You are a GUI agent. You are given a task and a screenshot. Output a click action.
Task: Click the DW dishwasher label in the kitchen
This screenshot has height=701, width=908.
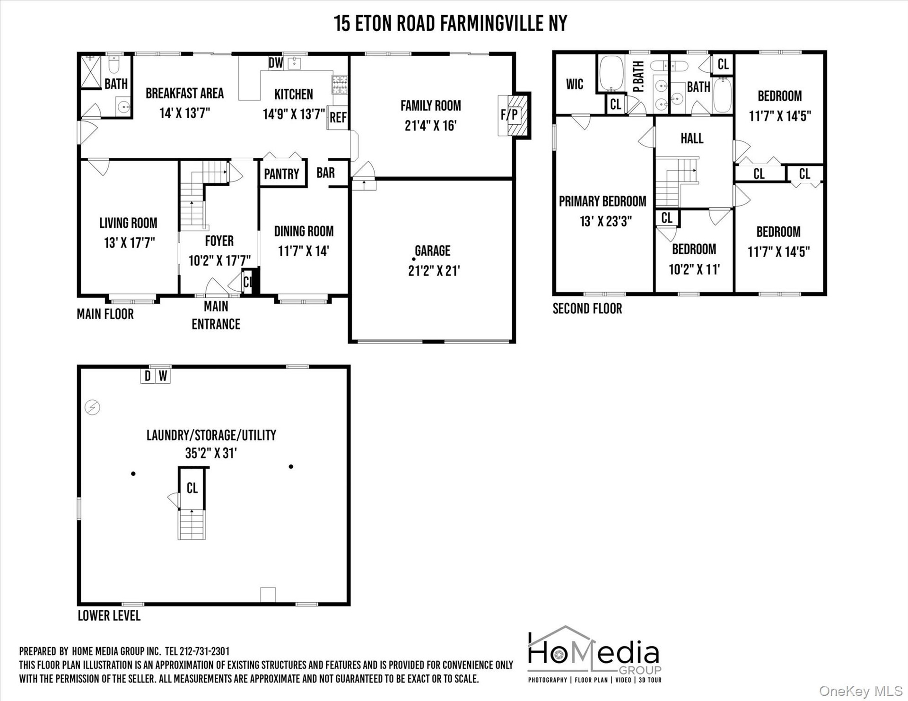[x=276, y=63]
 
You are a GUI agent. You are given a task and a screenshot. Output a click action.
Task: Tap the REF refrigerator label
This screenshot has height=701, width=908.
[x=338, y=117]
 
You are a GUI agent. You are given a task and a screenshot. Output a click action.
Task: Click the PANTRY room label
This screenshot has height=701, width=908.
[x=281, y=174]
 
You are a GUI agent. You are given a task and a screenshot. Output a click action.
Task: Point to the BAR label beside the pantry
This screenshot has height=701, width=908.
[x=325, y=173]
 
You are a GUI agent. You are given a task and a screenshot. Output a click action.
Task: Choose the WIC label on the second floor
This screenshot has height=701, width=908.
[x=575, y=85]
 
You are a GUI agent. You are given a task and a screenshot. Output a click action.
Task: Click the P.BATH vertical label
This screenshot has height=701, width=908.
[x=638, y=77]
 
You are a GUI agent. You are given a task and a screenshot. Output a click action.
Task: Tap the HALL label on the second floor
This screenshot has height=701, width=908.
[x=692, y=138]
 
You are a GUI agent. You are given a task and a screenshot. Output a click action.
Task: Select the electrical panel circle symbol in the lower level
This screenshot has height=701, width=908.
[x=93, y=407]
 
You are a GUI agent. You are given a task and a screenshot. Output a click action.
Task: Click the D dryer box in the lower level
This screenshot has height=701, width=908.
[x=148, y=376]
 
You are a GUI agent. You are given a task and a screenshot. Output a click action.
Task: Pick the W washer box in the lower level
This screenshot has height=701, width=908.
[x=163, y=376]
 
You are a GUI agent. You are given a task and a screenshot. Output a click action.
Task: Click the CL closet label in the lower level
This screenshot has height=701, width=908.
[x=192, y=488]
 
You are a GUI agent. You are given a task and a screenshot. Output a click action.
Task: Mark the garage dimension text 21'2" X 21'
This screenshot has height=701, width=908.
[x=434, y=271]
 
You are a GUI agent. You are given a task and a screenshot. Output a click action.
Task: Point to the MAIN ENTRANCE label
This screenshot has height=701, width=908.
[x=216, y=315]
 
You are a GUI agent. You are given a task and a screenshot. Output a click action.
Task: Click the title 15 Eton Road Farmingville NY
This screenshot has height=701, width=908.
[x=451, y=23]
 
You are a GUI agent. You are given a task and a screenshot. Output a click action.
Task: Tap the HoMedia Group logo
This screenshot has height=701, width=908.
[x=594, y=655]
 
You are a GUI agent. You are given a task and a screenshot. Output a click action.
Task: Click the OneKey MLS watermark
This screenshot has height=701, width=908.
[x=861, y=692]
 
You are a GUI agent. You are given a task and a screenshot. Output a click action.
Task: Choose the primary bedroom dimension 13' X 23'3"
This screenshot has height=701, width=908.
[x=606, y=221]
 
